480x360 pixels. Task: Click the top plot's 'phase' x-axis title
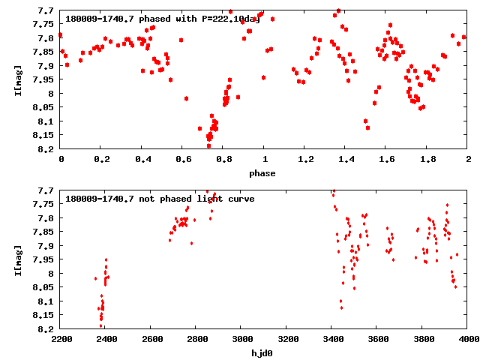(264, 173)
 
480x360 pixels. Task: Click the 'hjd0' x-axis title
(264, 352)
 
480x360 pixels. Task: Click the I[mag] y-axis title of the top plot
(18, 79)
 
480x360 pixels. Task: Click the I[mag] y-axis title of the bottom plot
(18, 259)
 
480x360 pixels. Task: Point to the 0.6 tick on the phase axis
(183, 160)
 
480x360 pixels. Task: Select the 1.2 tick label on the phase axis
(305, 160)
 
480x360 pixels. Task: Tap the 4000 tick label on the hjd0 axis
(468, 339)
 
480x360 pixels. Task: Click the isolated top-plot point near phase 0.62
(186, 98)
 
